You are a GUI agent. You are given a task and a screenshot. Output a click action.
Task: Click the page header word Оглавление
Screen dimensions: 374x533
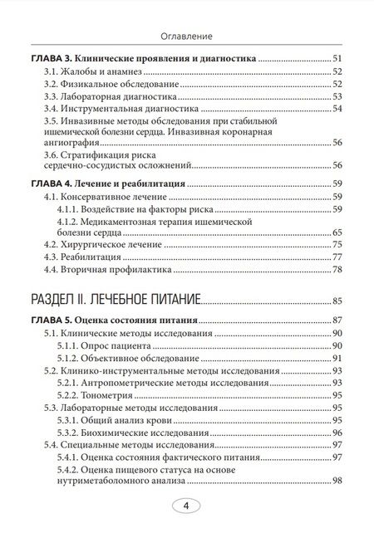point(186,36)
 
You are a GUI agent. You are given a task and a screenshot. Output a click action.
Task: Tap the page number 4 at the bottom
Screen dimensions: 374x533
point(186,506)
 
